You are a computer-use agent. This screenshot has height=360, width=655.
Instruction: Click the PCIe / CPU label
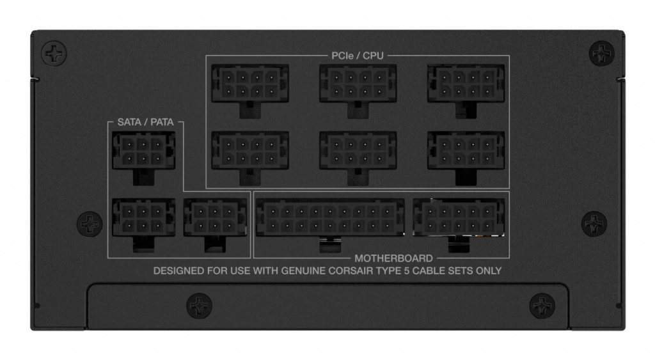point(357,56)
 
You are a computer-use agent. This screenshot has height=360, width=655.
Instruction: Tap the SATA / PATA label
point(145,122)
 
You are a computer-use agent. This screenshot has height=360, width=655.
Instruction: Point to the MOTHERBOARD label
point(393,258)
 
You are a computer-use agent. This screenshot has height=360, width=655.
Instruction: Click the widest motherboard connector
point(330,225)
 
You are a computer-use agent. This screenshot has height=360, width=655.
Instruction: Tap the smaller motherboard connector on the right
point(459,225)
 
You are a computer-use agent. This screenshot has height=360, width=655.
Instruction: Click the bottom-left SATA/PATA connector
point(144,225)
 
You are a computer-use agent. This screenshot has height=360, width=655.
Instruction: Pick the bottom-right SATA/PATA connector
point(215,225)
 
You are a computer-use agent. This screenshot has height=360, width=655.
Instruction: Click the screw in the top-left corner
point(54,54)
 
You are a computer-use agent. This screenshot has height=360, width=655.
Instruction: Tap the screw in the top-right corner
point(601,54)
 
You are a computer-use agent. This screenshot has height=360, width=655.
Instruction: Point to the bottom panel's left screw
point(199,306)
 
